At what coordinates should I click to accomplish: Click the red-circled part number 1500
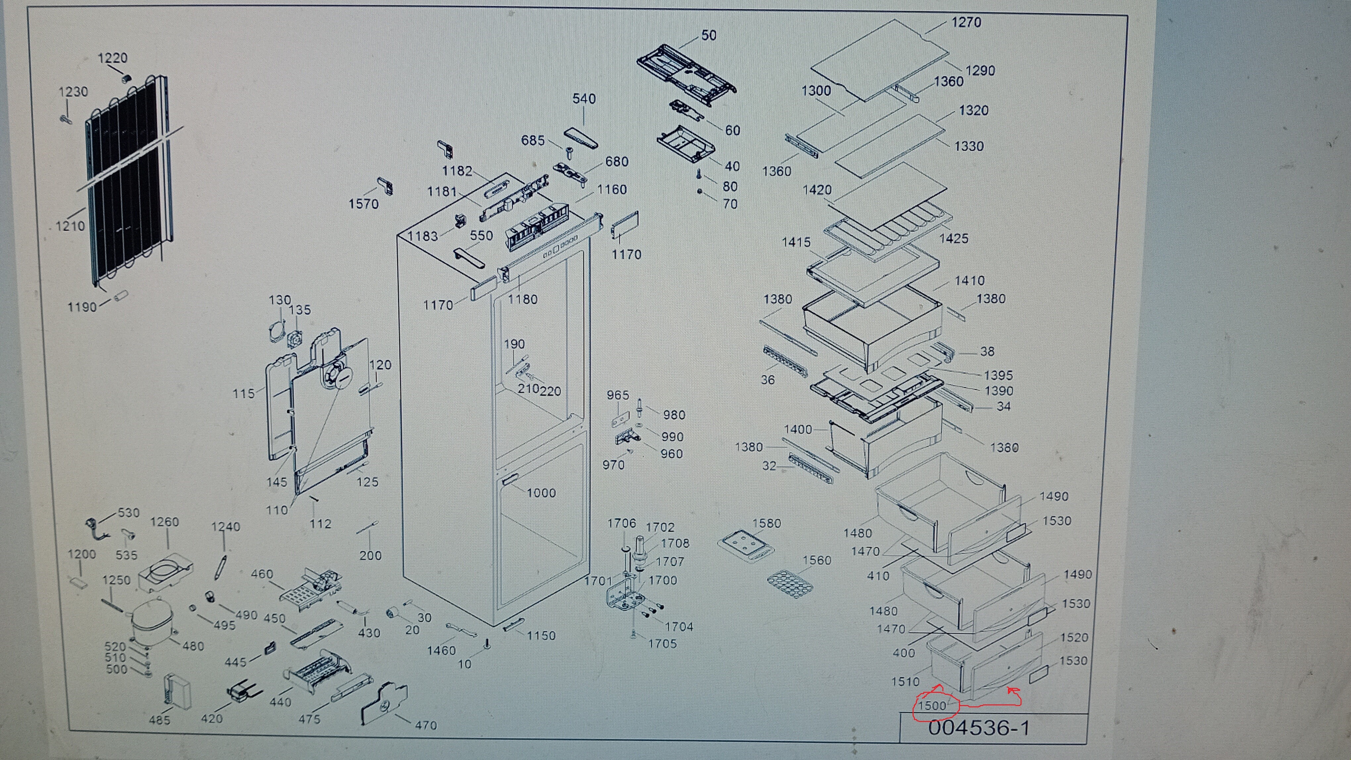932,705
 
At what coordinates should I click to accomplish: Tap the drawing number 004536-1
978,728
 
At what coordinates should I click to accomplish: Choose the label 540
584,99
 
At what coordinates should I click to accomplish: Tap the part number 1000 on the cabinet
541,493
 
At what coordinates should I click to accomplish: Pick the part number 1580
767,523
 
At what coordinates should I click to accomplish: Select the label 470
426,725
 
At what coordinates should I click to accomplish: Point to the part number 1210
70,226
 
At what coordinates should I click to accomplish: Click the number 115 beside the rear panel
243,394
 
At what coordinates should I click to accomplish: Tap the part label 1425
953,238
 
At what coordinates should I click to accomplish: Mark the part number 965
618,395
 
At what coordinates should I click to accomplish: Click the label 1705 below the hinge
662,643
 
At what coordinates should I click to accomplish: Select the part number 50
709,35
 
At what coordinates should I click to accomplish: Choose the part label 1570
364,204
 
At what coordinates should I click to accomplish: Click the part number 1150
541,636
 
